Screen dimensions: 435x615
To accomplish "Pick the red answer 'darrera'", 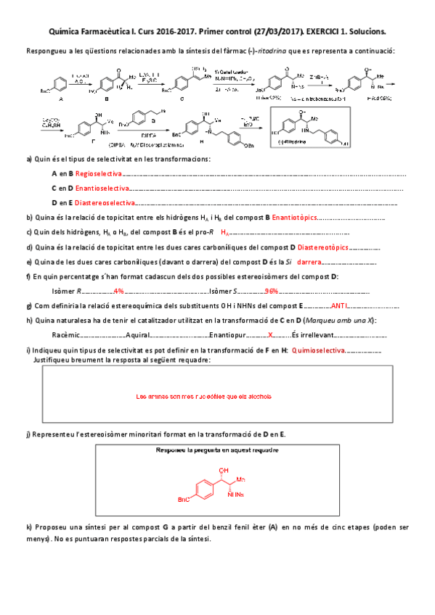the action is [x=308, y=262].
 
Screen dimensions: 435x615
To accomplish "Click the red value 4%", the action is [x=119, y=292].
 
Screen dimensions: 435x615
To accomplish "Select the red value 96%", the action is [x=272, y=292].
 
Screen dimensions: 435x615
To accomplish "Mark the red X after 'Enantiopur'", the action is [x=270, y=335].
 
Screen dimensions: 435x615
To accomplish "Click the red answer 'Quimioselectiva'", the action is [x=318, y=350].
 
